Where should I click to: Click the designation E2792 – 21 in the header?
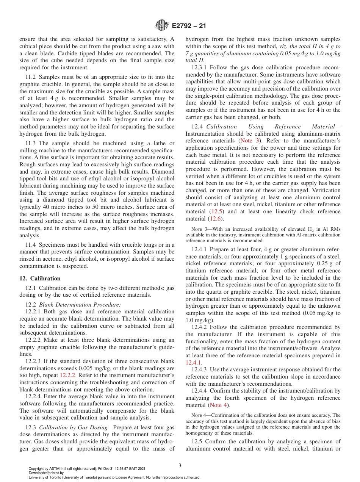click(189, 26)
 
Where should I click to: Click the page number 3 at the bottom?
click(180, 465)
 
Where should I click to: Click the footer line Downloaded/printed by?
click(46, 473)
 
